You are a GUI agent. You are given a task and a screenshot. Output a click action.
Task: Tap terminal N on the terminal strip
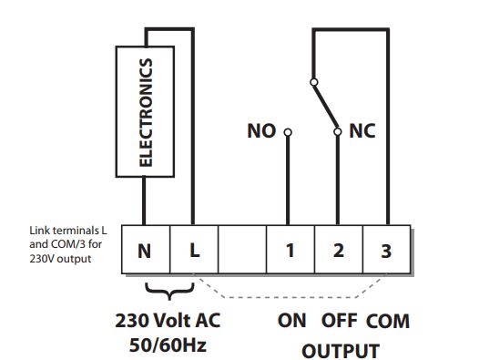pos(146,250)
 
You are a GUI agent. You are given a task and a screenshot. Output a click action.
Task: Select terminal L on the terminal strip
pos(194,250)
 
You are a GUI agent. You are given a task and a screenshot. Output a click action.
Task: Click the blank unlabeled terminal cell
pos(242,250)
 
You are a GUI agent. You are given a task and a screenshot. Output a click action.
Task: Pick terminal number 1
pos(290,250)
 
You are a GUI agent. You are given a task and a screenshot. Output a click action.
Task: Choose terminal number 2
pos(339,250)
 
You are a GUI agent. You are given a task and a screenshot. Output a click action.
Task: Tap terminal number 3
pos(386,250)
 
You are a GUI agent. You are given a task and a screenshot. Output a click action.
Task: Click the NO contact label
pos(261,131)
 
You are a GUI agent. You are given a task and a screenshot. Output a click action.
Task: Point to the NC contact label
pos(362,131)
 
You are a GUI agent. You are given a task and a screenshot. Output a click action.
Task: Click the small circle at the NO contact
pos(288,132)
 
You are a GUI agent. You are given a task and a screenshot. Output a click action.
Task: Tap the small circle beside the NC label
pos(338,132)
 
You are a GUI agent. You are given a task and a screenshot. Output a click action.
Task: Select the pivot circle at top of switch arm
pos(314,82)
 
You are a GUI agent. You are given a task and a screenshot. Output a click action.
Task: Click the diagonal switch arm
pos(326,107)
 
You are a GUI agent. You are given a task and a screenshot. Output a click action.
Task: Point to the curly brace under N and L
pos(169,291)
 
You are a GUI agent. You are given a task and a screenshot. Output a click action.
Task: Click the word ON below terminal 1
pos(291,321)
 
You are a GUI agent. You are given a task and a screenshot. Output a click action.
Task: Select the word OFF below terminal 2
pos(339,321)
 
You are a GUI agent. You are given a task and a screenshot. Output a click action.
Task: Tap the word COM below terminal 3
pos(388,321)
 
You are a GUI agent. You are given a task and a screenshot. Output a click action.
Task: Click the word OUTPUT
pos(341,351)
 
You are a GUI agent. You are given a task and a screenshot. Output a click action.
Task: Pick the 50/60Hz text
pos(168,345)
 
